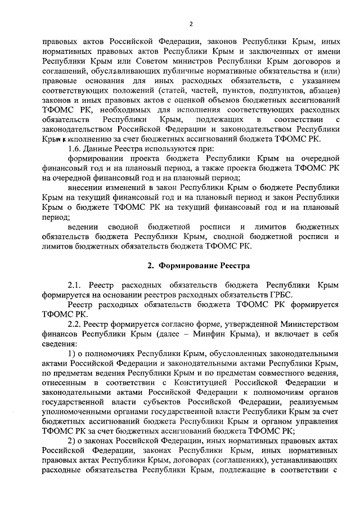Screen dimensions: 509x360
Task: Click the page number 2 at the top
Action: pyautogui.click(x=191, y=24)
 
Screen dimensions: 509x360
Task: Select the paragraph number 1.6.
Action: pyautogui.click(x=75, y=148)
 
